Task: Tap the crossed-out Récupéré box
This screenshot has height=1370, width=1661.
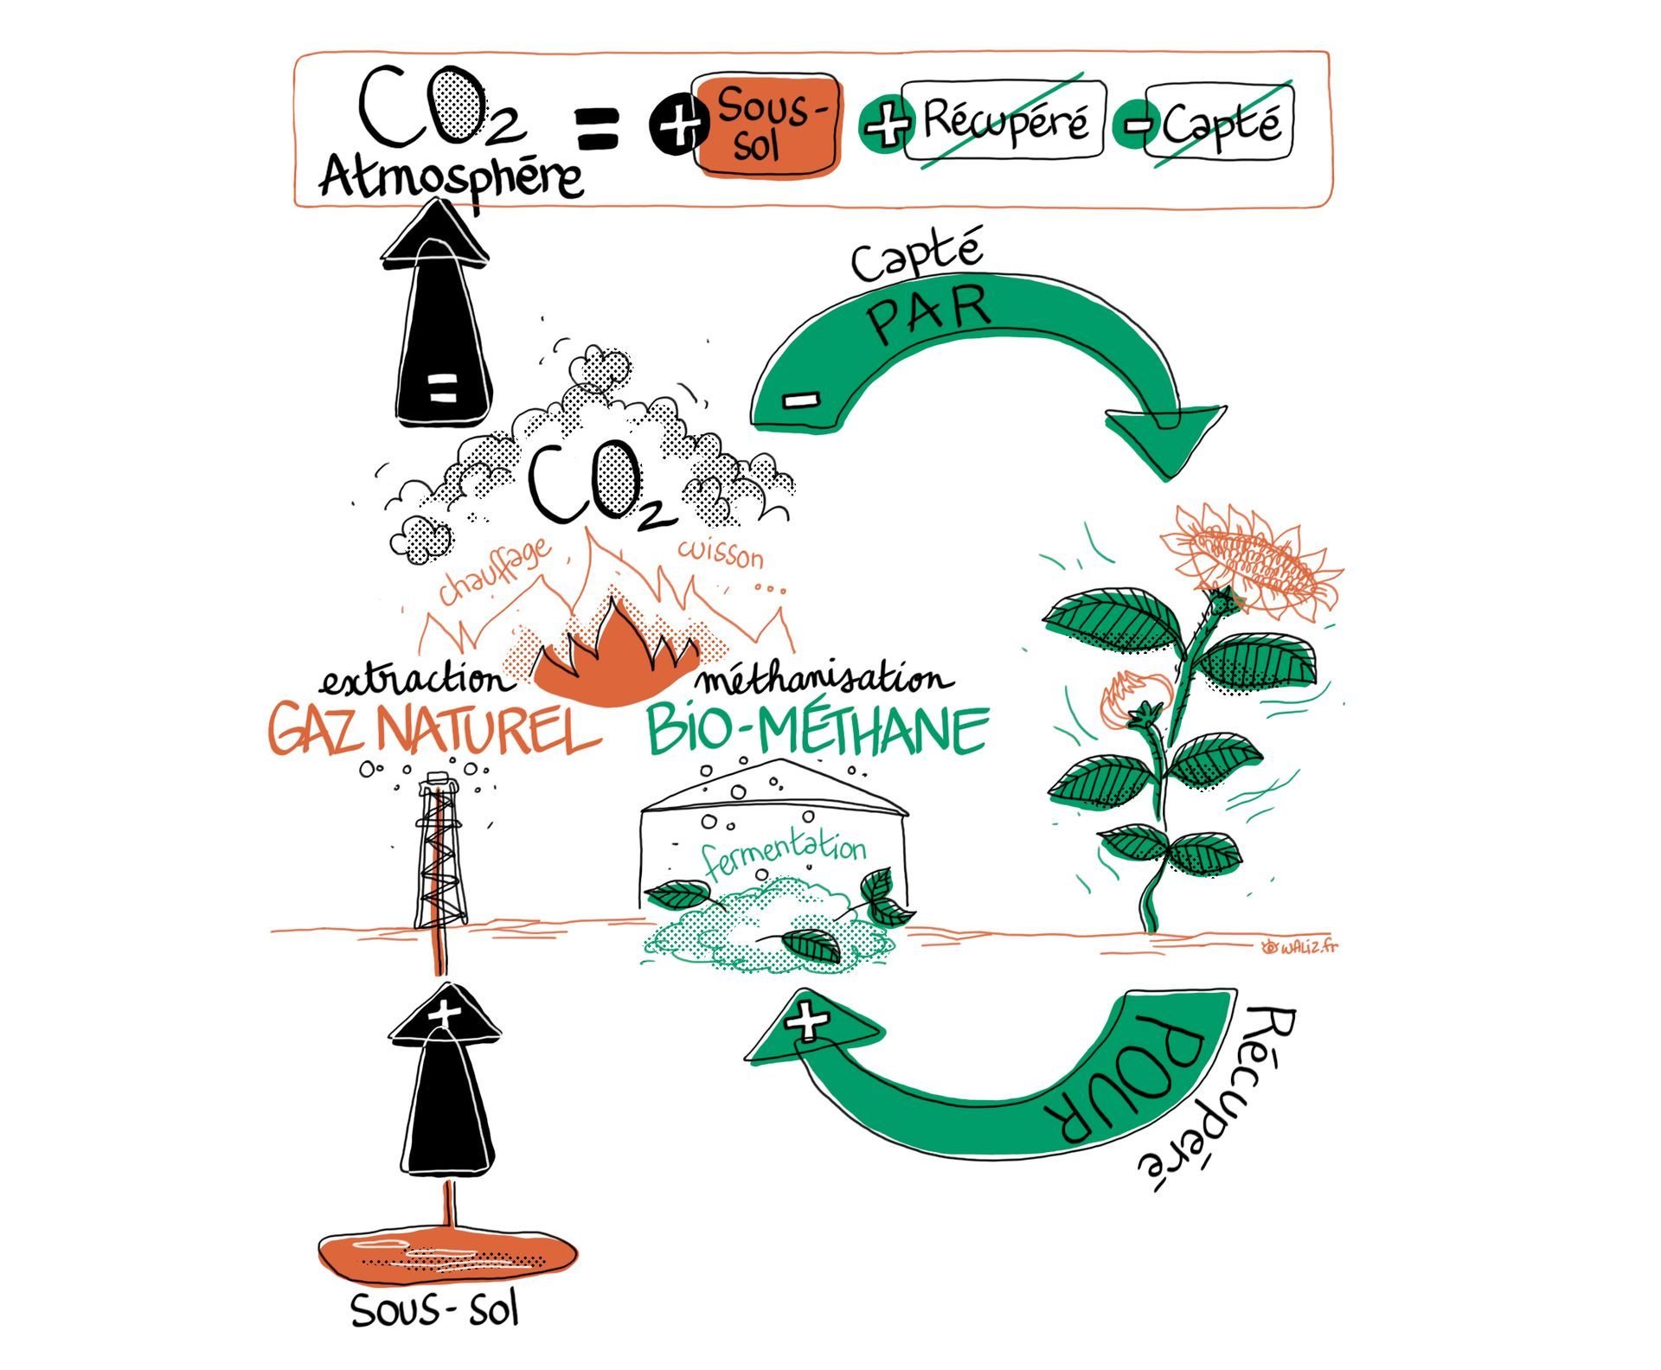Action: (1004, 120)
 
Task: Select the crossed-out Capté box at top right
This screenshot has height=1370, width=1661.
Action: (1218, 123)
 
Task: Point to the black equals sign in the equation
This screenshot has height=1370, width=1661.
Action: (597, 127)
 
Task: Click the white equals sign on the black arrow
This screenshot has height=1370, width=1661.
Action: (442, 387)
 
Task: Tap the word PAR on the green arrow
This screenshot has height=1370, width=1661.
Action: (928, 314)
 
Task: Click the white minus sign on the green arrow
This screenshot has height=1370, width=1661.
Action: (801, 399)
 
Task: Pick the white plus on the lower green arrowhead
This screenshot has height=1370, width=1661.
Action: (807, 1021)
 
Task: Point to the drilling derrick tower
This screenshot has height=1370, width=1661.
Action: (442, 852)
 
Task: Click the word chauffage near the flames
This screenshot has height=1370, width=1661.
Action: (494, 572)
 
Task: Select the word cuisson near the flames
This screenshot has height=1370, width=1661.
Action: (721, 553)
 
